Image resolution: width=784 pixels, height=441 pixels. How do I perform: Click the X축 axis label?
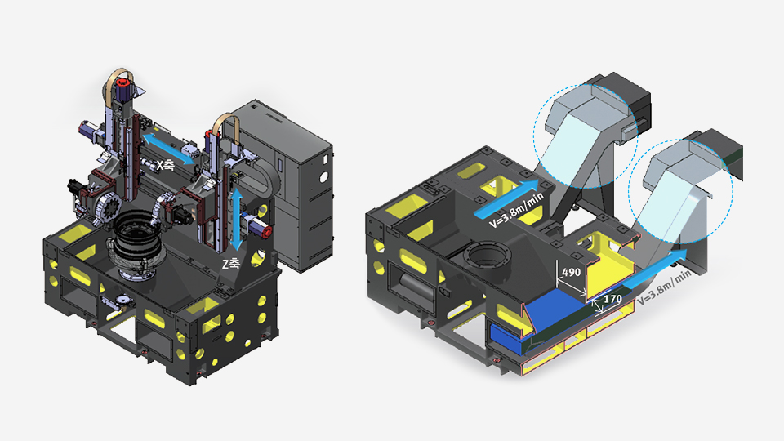(166, 165)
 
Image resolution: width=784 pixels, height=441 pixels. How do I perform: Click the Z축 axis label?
(230, 264)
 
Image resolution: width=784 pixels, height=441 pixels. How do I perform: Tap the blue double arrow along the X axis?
(169, 149)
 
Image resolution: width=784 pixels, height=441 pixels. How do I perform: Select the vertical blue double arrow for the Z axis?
(237, 219)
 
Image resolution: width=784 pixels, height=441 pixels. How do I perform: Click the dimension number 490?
(572, 272)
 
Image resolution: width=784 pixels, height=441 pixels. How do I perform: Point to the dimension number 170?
(612, 299)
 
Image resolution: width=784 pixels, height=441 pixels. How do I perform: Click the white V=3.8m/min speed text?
(516, 211)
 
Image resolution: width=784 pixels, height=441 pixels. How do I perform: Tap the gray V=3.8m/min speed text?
(665, 288)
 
